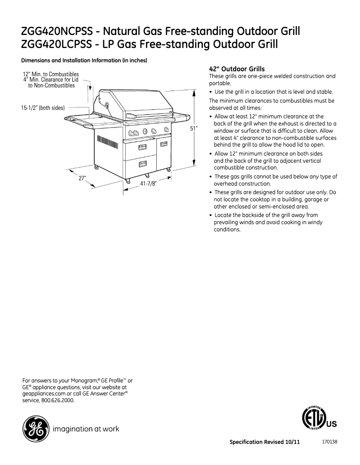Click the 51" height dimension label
193,128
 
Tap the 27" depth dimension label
82,178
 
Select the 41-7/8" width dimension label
148,184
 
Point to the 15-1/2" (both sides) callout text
43,108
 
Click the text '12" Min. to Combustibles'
51,74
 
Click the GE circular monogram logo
35,429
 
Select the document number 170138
329,441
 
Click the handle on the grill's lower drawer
143,164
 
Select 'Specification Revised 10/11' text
264,442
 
